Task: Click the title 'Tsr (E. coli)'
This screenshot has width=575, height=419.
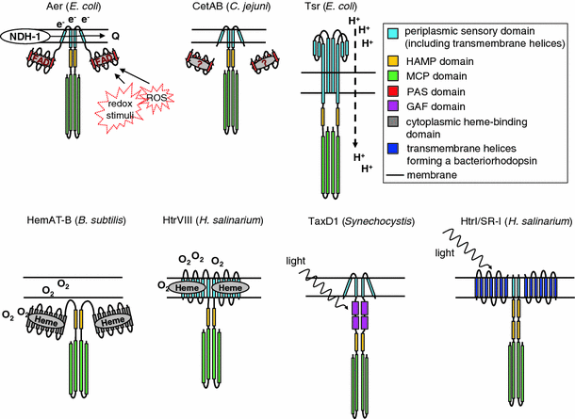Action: point(341,7)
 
